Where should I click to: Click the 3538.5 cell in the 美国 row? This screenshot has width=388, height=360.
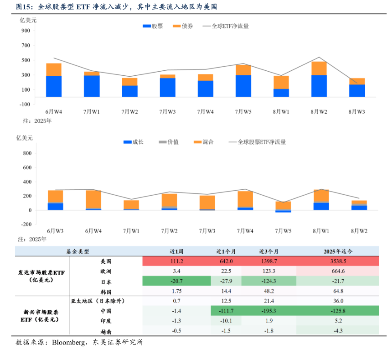coord(338,261)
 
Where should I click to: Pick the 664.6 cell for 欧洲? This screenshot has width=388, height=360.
coord(338,271)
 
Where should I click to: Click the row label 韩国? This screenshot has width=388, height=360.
coord(106,292)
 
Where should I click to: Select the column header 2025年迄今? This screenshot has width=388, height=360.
coord(338,251)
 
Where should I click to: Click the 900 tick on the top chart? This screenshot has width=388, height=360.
coord(26,31)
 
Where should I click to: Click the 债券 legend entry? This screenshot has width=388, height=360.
coord(183,26)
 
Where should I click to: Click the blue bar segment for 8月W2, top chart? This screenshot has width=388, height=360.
coord(319,86)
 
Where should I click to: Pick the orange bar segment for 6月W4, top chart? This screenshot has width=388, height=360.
coord(54,69)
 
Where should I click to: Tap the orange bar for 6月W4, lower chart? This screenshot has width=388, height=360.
coord(93,199)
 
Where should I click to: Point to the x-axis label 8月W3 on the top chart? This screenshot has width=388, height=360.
coord(357,112)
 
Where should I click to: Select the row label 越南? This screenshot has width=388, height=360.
coord(106,331)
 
